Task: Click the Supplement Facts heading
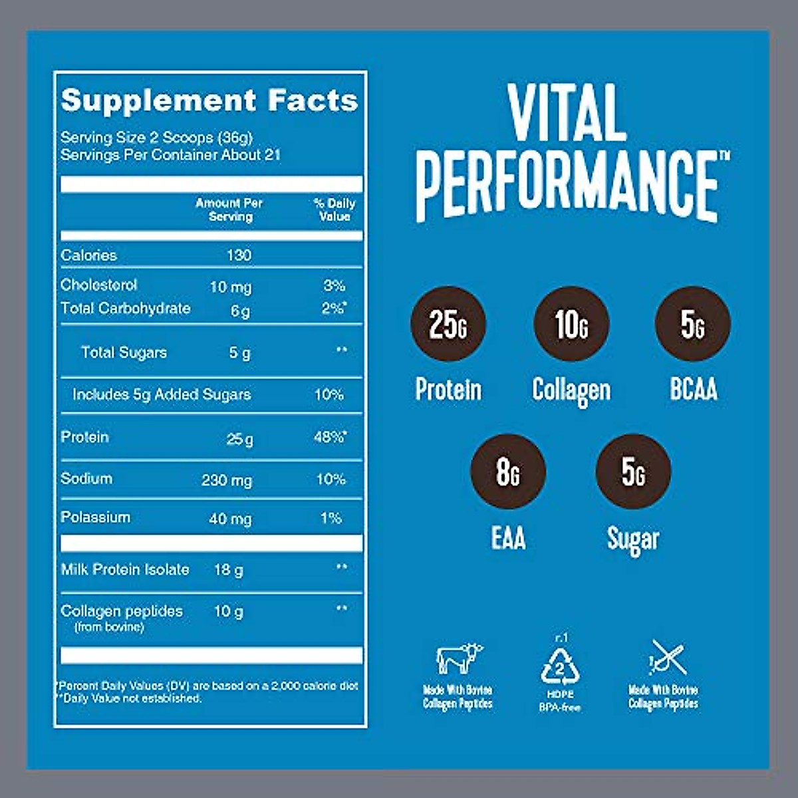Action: coord(209,100)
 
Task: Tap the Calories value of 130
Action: coord(239,255)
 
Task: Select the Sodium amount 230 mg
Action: coord(227,480)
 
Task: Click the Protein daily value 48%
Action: coord(330,438)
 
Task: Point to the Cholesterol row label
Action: coord(99,285)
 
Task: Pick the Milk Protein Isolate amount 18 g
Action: coord(228,570)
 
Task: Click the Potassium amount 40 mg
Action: coord(230,519)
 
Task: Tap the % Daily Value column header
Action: coord(334,209)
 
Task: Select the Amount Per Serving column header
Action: coord(229,209)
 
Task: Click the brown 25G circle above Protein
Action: coord(448,324)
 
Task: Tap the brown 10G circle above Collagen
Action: coord(571,324)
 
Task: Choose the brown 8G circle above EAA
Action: coord(507,471)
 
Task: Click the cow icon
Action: coord(459,658)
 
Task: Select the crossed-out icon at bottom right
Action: coord(667,658)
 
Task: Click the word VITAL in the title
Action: coord(567,113)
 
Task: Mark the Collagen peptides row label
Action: coord(122,611)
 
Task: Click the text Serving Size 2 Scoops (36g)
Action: coord(157,138)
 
